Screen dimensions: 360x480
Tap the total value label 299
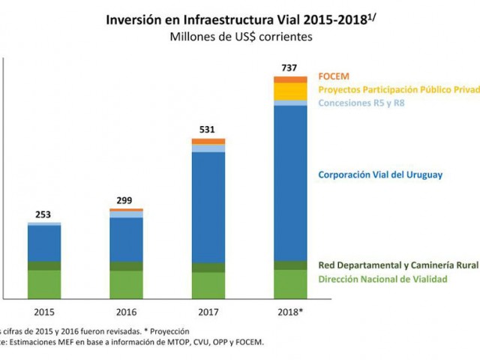(126, 200)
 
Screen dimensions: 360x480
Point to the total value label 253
(44, 214)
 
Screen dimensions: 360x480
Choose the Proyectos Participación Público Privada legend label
(397, 89)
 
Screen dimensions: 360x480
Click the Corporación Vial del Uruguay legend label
(379, 175)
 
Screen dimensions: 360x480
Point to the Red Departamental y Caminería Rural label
(397, 265)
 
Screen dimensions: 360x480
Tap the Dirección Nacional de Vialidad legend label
(382, 279)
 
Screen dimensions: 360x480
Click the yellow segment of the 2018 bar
(290, 91)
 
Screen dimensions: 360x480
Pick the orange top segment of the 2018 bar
(290, 79)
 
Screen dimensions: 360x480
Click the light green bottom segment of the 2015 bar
(44, 283)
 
